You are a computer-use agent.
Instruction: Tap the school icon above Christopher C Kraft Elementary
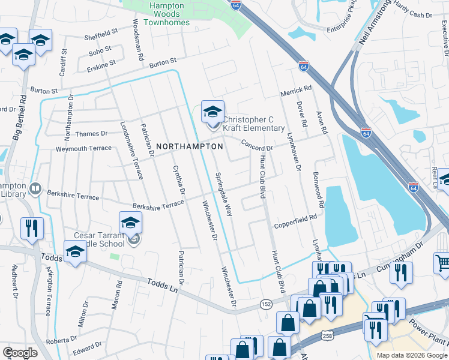coord(212,112)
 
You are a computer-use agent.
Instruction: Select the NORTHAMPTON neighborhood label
coord(189,146)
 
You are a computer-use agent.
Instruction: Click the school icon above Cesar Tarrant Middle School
coord(130,223)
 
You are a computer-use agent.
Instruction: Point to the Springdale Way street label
coord(224,194)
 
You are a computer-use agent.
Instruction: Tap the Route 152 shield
coord(266,305)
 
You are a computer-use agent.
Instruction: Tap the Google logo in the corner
coord(20,353)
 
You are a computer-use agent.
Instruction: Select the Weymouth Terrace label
coord(83,148)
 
